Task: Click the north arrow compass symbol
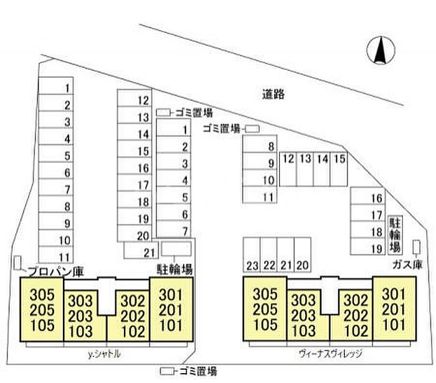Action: coord(380,51)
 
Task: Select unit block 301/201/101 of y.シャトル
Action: coord(171,309)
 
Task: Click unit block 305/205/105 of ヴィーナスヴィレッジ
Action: coord(265,309)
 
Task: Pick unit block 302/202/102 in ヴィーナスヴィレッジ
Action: coord(353,315)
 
